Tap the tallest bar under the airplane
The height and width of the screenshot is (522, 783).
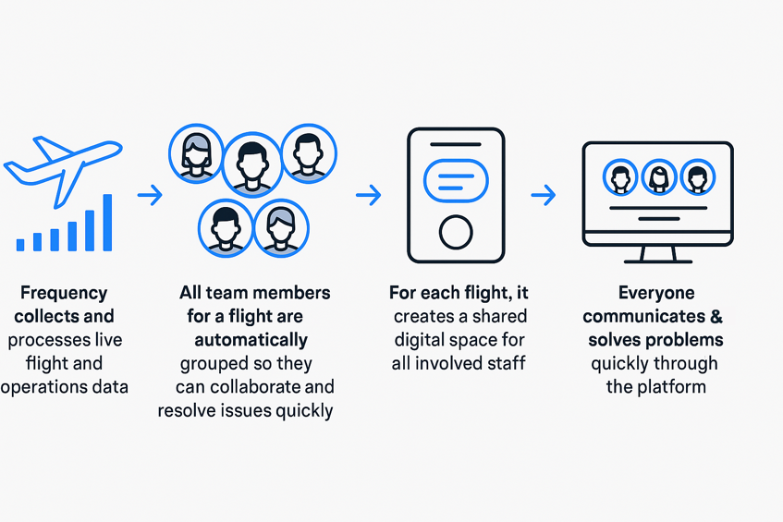click(107, 222)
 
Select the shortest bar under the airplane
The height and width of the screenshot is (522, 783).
click(20, 244)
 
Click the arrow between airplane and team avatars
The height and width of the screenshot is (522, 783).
click(150, 195)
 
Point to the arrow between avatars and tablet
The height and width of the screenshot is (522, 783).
click(369, 195)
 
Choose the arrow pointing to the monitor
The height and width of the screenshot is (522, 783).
click(544, 195)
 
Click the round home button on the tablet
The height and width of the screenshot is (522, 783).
click(456, 231)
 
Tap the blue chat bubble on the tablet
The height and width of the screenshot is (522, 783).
click(455, 179)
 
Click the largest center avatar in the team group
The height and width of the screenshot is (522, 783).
click(251, 163)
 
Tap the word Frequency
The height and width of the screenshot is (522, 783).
click(63, 294)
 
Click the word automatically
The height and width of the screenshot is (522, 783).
click(245, 339)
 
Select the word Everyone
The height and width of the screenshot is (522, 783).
click(655, 294)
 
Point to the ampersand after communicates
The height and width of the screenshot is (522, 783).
click(717, 317)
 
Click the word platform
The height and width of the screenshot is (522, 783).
click(672, 386)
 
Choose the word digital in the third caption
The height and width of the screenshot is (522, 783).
click(426, 340)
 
